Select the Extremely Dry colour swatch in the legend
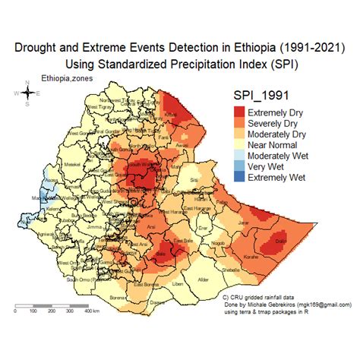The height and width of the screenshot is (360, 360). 240,113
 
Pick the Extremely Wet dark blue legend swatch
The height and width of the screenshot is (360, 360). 240,177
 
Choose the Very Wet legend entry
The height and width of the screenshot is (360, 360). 270,166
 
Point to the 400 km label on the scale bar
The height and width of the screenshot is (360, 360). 92,311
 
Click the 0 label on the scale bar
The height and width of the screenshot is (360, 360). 16,311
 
